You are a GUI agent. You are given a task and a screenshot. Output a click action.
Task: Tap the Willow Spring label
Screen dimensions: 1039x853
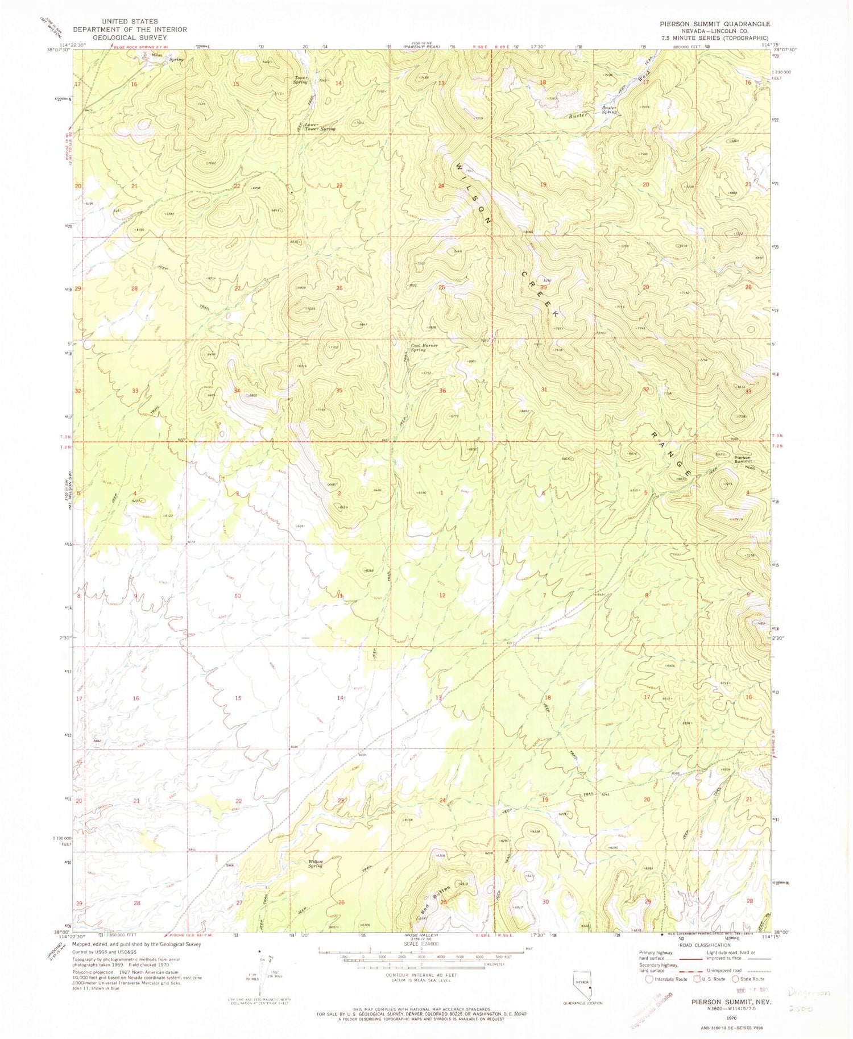click(x=316, y=864)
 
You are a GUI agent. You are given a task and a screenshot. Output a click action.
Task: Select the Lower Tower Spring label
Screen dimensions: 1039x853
click(x=320, y=126)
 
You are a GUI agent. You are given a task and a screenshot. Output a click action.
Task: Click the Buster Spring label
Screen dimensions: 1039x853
click(x=609, y=110)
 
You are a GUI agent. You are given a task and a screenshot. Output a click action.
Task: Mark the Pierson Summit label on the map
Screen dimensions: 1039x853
click(x=742, y=459)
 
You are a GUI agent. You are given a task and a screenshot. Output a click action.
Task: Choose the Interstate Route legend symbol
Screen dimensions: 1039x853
click(x=649, y=979)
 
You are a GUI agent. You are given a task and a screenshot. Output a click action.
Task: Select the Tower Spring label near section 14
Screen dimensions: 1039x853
click(x=300, y=80)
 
